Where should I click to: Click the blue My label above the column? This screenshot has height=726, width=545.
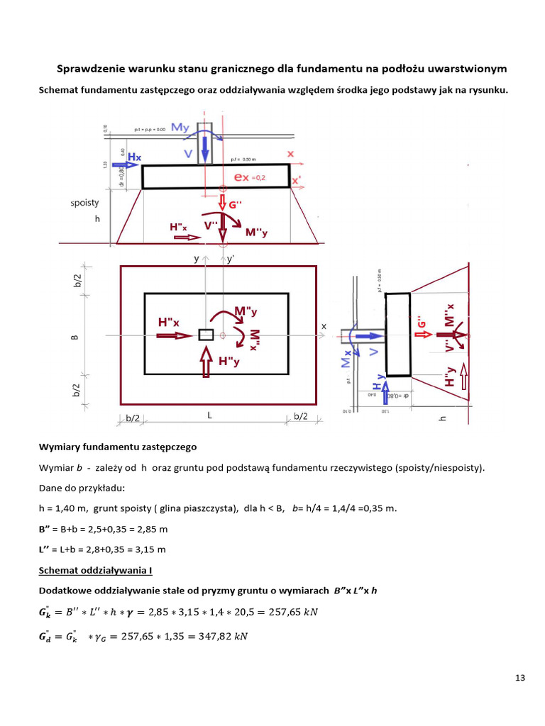tap(181, 128)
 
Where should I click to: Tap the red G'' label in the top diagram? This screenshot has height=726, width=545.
tap(236, 205)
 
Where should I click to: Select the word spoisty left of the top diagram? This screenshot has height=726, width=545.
tap(84, 203)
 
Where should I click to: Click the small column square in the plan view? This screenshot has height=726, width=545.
tap(206, 335)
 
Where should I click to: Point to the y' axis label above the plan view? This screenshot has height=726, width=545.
tap(231, 259)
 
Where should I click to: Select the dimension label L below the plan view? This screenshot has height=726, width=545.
tap(210, 417)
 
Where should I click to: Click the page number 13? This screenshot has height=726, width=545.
tap(520, 678)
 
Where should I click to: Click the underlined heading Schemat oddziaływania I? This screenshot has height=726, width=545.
tap(95, 570)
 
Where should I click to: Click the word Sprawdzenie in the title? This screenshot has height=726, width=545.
tap(88, 69)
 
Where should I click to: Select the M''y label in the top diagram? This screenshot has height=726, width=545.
tap(256, 232)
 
